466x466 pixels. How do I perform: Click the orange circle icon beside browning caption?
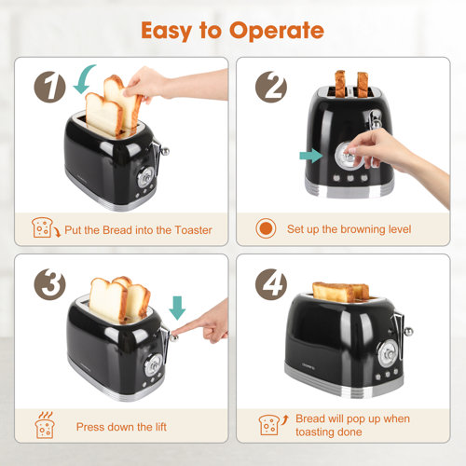click(x=267, y=228)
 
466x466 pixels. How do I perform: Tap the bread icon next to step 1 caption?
click(x=43, y=228)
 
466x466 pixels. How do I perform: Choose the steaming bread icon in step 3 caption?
click(x=43, y=424)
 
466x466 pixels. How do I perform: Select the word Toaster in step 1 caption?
click(x=189, y=229)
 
